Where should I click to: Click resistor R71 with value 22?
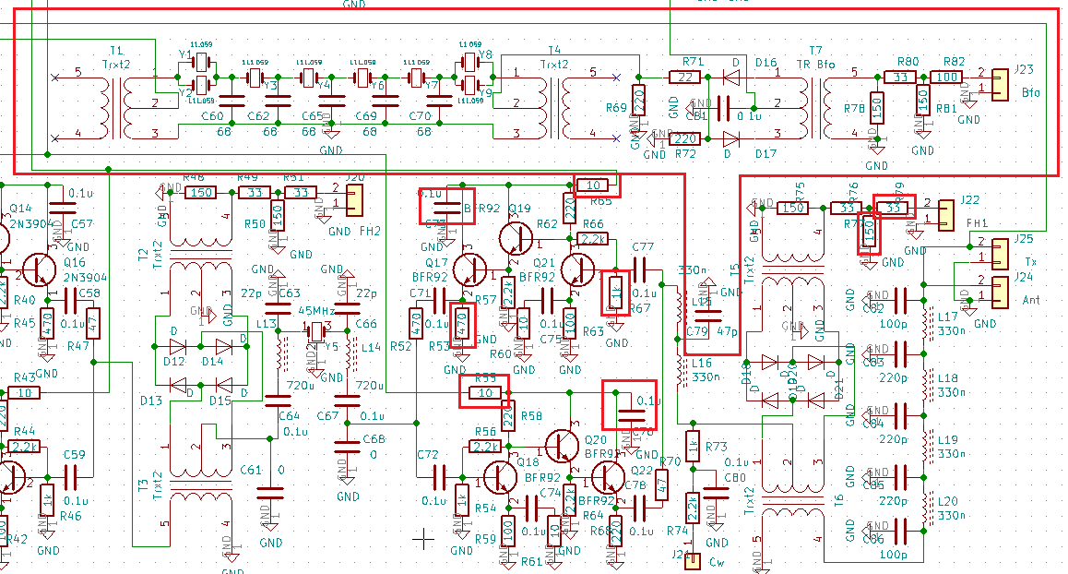pyautogui.click(x=684, y=77)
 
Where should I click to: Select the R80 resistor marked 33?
pyautogui.click(x=901, y=77)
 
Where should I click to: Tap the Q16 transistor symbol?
pyautogui.click(x=39, y=269)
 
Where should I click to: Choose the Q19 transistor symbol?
pyautogui.click(x=515, y=237)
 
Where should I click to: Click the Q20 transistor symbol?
pyautogui.click(x=562, y=447)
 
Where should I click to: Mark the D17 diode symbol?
pyautogui.click(x=732, y=139)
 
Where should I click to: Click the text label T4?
pyautogui.click(x=553, y=51)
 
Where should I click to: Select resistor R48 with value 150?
pyautogui.click(x=200, y=193)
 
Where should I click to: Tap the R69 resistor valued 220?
pyautogui.click(x=638, y=98)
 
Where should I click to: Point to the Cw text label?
pyautogui.click(x=717, y=561)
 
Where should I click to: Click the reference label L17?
pyautogui.click(x=947, y=317)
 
